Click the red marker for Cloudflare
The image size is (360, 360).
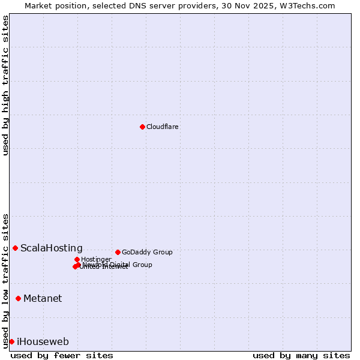pyautogui.click(x=142, y=127)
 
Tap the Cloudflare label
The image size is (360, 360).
pyautogui.click(x=163, y=127)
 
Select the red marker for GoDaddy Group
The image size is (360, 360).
pyautogui.click(x=118, y=252)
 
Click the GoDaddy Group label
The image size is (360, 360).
pyautogui.click(x=147, y=252)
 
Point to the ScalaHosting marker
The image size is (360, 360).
pyautogui.click(x=15, y=248)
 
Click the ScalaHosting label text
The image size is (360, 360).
pyautogui.click(x=52, y=248)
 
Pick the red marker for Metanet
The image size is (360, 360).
pyautogui.click(x=18, y=298)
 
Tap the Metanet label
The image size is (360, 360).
pyautogui.click(x=43, y=299)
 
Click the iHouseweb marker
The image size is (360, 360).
pyautogui.click(x=11, y=341)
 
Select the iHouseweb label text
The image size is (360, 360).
pyautogui.click(x=43, y=342)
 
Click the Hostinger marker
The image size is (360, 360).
pyautogui.click(x=77, y=259)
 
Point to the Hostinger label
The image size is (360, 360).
pyautogui.click(x=96, y=259)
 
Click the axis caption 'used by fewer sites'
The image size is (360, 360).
pyautogui.click(x=62, y=355)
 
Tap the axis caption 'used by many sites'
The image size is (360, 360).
pyautogui.click(x=301, y=355)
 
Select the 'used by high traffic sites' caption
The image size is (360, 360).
pyautogui.click(x=6, y=85)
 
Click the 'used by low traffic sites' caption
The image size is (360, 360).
pyautogui.click(x=6, y=281)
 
